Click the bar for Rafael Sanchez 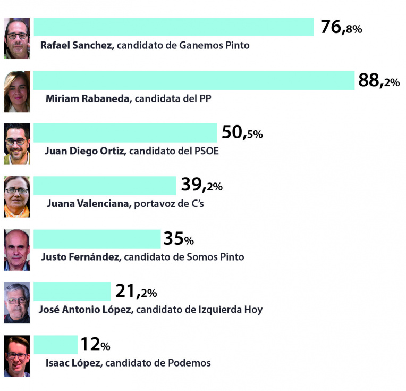coord(174,27)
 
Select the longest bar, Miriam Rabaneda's coord(193,80)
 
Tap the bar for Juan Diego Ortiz coord(125,133)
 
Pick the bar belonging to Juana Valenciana coord(104,186)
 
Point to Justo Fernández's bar coord(97,239)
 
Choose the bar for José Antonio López coord(72,292)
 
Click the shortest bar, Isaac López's coord(55,345)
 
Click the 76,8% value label coord(341,27)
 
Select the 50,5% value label coord(242,132)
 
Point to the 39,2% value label coord(201,185)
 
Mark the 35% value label coord(178,239)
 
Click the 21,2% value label coord(136,292)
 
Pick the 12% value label coord(95,345)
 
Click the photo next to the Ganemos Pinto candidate coord(16,38)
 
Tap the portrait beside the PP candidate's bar coord(16,91)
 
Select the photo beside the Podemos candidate coord(16,356)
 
